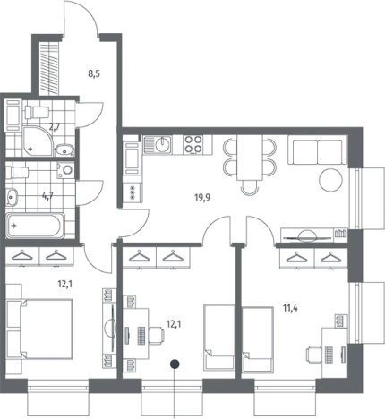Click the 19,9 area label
pos(202,198)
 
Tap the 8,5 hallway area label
pos(94,73)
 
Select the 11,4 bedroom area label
pos(290,308)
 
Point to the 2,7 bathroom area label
pos(55,127)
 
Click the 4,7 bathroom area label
pos(47,197)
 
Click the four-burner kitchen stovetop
pos(192,144)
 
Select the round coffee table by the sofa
pos(330,180)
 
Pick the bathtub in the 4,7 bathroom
pos(35,226)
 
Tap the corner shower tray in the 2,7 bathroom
pos(38,141)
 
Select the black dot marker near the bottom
pos(175,363)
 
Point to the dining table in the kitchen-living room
pos(250,158)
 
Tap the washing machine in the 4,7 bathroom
pos(66,170)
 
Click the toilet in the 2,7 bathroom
pos(37,113)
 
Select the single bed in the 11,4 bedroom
pos(258,339)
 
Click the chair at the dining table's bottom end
pos(250,188)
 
